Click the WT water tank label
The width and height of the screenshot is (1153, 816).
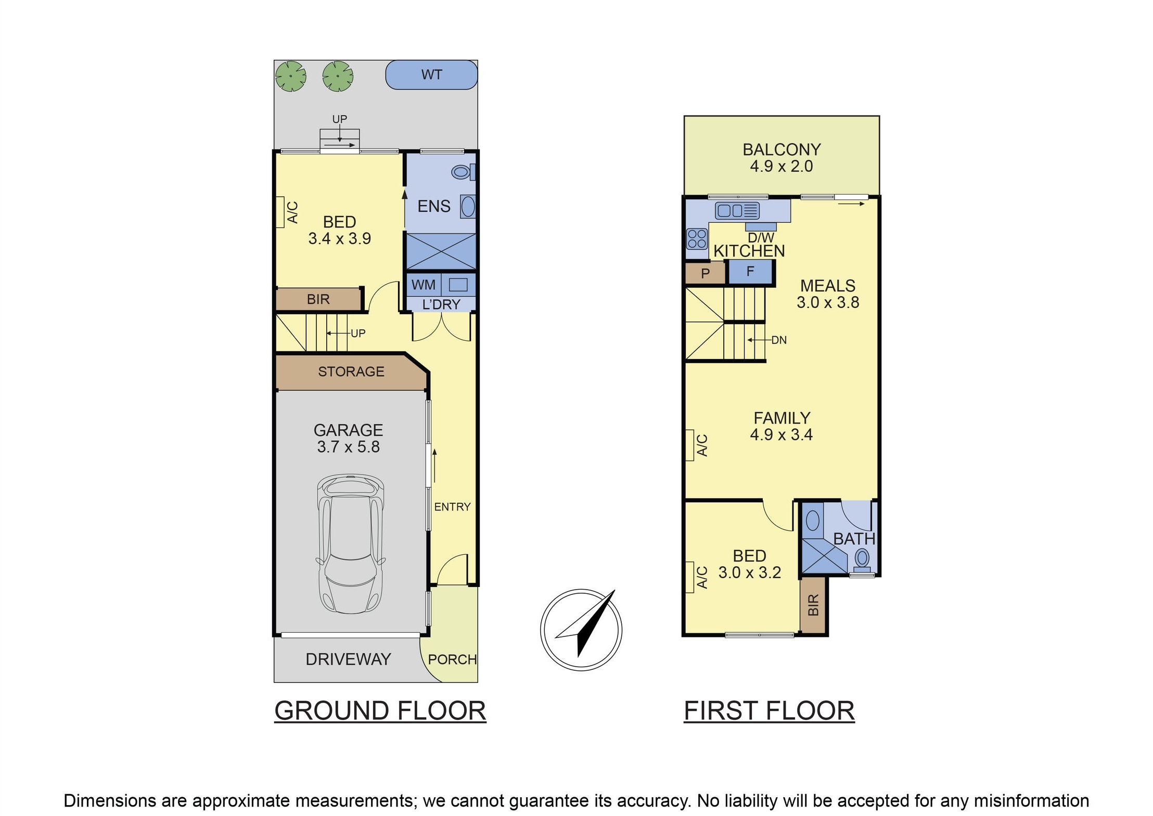tap(431, 75)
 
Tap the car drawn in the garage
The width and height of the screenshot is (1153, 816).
tap(351, 544)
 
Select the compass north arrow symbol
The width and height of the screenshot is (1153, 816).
tap(581, 630)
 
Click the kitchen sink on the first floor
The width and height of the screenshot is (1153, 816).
tap(737, 211)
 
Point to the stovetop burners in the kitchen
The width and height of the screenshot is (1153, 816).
tap(697, 239)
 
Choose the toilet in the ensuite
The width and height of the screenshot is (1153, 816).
tap(463, 172)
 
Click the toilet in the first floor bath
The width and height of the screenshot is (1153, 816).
tap(862, 560)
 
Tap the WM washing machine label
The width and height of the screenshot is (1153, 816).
tap(423, 285)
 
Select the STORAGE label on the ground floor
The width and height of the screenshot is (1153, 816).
tap(351, 372)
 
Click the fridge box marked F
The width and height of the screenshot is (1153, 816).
tap(750, 272)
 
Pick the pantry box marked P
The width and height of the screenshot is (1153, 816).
tap(705, 273)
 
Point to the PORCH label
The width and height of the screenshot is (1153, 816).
tap(452, 659)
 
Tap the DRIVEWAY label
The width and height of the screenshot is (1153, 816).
tap(348, 659)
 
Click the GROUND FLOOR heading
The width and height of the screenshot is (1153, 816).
tap(380, 711)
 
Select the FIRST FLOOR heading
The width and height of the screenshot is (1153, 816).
tap(769, 711)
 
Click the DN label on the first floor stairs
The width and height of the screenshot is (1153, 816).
tap(779, 340)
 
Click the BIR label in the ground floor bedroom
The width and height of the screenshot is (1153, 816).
tap(318, 300)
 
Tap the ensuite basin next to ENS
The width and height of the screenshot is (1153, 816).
tap(468, 207)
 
